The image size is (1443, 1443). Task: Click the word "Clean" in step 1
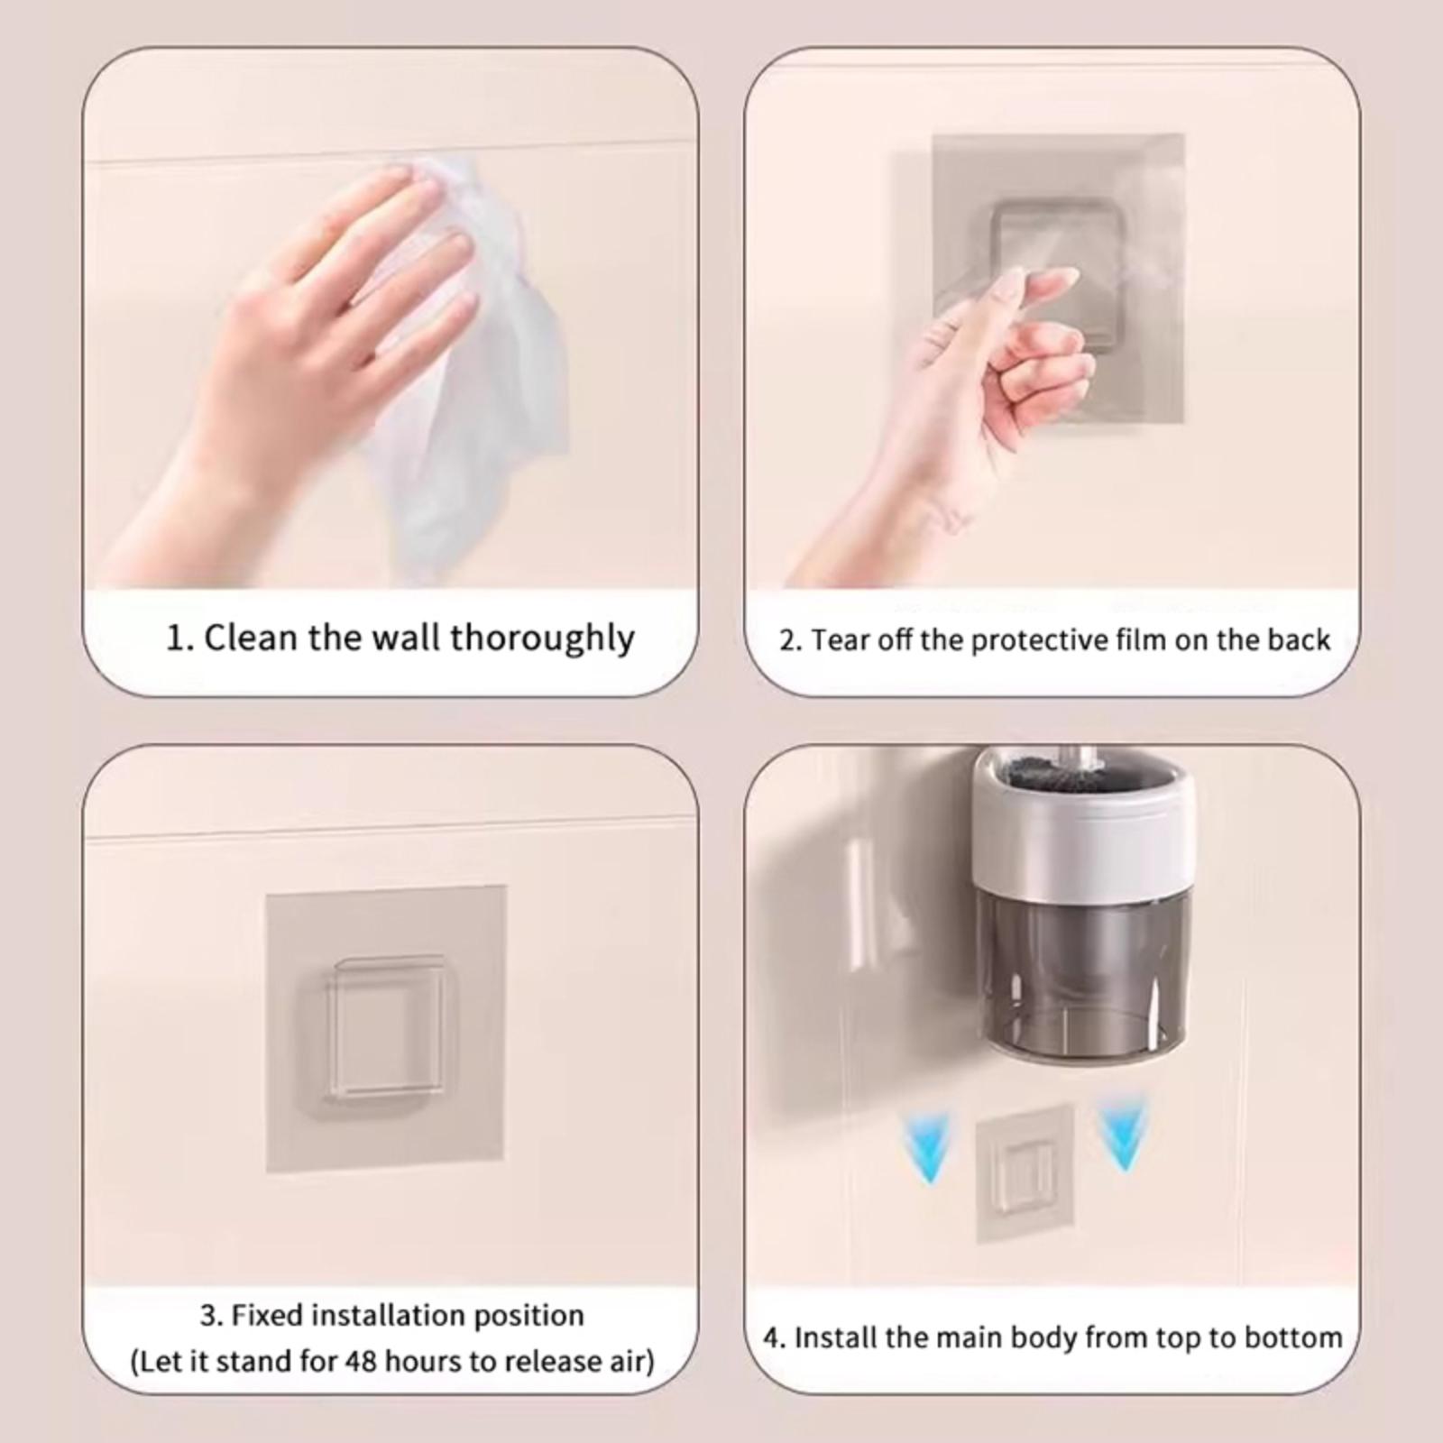click(252, 638)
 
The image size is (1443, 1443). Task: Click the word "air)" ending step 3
click(629, 1361)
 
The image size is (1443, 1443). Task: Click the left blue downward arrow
click(929, 1146)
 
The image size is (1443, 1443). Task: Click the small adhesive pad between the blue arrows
click(1025, 1172)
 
